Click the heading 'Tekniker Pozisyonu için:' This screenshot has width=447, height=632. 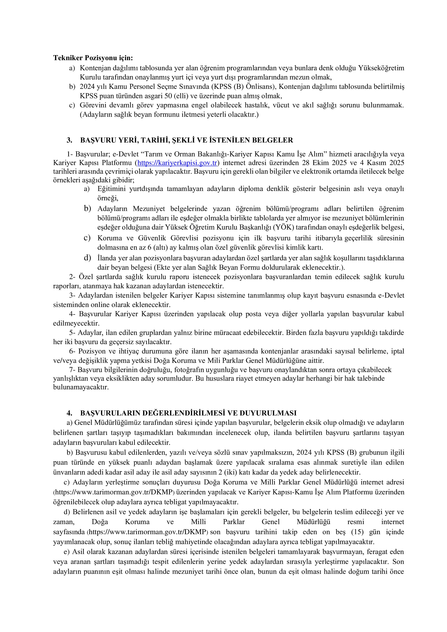(93, 58)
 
